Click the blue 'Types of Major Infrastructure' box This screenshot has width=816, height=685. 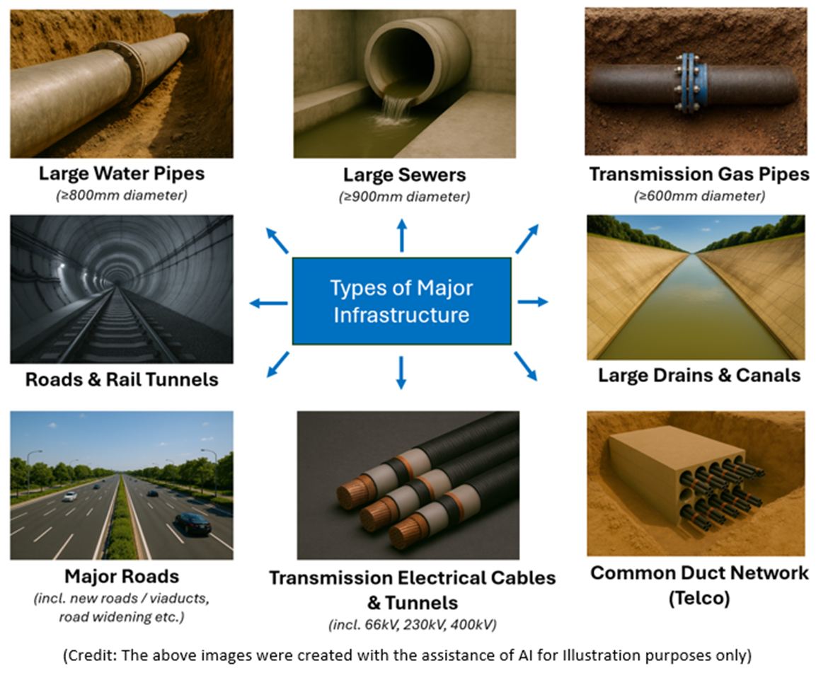(402, 301)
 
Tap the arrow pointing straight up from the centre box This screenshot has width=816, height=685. (402, 235)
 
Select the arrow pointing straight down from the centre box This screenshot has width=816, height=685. (401, 373)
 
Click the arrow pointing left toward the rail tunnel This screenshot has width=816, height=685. (268, 303)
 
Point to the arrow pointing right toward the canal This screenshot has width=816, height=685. (532, 301)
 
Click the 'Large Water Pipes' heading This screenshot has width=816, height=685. (122, 173)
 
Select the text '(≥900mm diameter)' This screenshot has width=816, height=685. (404, 197)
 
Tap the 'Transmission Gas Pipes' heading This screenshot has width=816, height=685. (699, 174)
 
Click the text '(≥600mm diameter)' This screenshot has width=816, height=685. (699, 196)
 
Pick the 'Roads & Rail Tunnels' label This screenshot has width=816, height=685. (122, 379)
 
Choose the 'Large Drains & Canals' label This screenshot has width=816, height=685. (699, 375)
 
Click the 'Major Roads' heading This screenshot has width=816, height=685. (122, 576)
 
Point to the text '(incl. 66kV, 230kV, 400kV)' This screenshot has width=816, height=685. (412, 625)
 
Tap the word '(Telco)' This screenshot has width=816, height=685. (699, 598)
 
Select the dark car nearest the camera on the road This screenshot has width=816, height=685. (193, 524)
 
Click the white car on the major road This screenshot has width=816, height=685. (70, 497)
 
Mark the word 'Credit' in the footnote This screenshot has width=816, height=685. (91, 655)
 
